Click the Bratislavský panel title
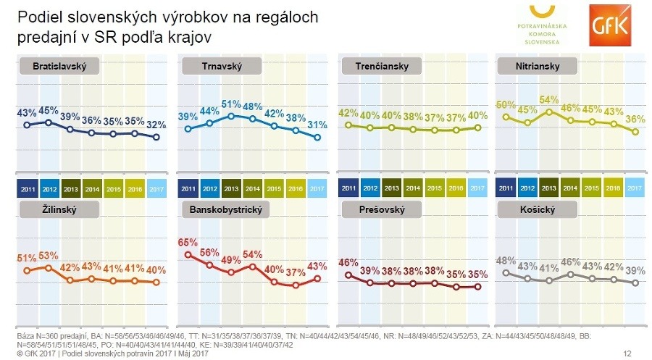[x=59, y=67]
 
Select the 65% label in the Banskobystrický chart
[x=188, y=243]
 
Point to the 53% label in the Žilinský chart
[x=48, y=256]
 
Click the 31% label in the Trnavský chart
[x=316, y=124]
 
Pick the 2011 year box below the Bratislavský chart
[x=27, y=189]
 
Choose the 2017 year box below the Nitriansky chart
[x=635, y=189]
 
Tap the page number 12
[x=627, y=353]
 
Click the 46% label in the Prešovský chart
[x=349, y=262]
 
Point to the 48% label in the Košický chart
[x=506, y=261]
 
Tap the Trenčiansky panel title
[x=383, y=67]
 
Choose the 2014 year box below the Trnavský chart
[x=253, y=189]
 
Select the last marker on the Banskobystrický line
[x=317, y=278]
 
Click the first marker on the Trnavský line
[x=188, y=129]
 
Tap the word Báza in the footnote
[x=25, y=337]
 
